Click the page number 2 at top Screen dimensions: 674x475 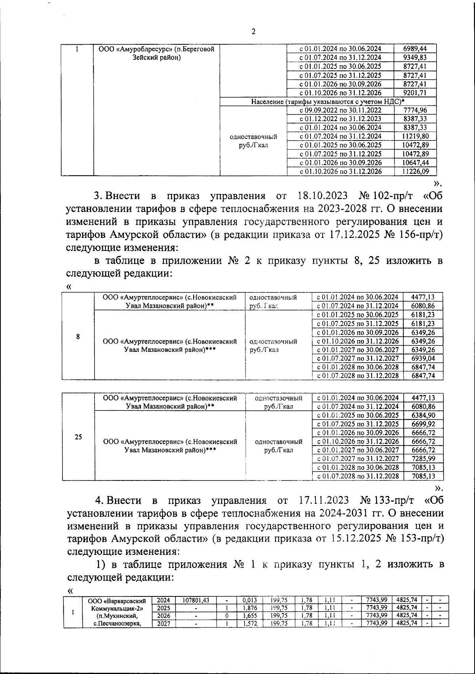[253, 32]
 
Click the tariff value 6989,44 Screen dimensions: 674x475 [414, 49]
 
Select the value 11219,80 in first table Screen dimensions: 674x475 [414, 136]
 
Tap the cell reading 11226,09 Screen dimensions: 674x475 [414, 171]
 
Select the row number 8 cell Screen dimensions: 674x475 [78, 336]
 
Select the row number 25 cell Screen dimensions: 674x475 [78, 437]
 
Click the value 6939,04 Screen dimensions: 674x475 [423, 358]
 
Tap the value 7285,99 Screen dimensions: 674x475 [423, 459]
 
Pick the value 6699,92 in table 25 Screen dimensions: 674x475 [423, 424]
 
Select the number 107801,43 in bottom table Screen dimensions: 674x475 [196, 600]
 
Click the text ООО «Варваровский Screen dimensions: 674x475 [120, 601]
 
